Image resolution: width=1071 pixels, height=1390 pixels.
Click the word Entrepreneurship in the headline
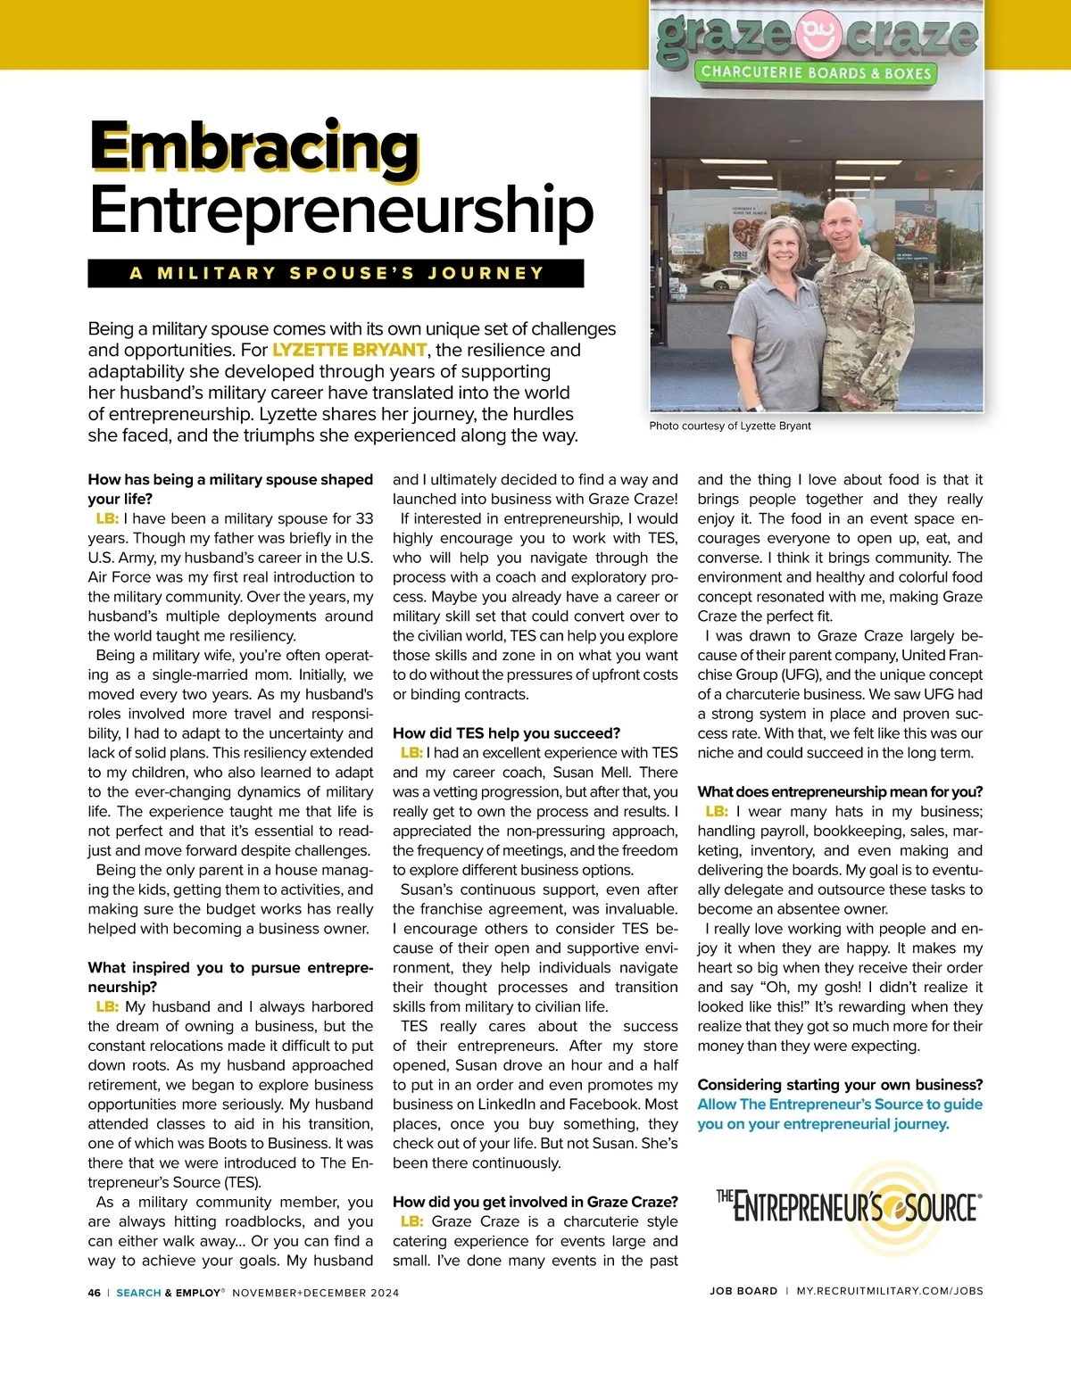[342, 211]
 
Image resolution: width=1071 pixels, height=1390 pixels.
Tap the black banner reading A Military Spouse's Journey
[336, 273]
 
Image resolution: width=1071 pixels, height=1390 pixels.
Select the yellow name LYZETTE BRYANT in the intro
[349, 350]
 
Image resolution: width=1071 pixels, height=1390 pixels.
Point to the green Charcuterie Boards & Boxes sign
[816, 73]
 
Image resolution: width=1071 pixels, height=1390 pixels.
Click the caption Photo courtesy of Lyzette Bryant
[730, 426]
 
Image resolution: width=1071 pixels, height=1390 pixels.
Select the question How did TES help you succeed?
[506, 733]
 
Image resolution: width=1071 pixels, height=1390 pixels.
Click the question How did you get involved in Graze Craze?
[535, 1202]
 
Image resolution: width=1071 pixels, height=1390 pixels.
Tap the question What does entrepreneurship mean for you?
[840, 791]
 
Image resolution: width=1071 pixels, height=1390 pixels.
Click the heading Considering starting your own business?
[840, 1085]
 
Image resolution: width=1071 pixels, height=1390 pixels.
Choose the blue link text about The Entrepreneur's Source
[840, 1113]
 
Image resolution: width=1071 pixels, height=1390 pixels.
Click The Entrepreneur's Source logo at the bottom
[848, 1208]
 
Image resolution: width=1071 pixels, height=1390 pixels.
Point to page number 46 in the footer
[95, 1293]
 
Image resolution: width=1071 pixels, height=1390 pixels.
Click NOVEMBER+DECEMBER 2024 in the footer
[316, 1293]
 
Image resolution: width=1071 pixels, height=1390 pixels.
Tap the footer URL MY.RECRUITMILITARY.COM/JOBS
[890, 1291]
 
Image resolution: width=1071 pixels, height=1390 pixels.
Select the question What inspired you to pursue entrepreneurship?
[230, 977]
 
